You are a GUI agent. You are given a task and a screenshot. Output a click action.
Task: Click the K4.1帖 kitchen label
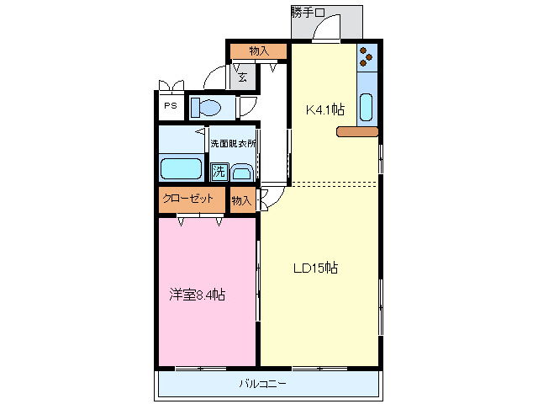pyautogui.click(x=324, y=109)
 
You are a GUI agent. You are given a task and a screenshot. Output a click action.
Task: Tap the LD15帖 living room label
pyautogui.click(x=315, y=268)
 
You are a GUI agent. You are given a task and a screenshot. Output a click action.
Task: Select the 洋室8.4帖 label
pyautogui.click(x=198, y=295)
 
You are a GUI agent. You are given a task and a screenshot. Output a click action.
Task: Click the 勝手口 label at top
pyautogui.click(x=308, y=12)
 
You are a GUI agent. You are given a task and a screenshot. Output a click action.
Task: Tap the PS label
pyautogui.click(x=170, y=106)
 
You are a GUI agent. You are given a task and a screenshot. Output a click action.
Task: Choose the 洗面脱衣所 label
pyautogui.click(x=233, y=143)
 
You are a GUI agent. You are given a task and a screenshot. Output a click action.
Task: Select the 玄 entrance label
pyautogui.click(x=242, y=78)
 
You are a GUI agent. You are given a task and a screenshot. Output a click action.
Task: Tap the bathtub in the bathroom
pyautogui.click(x=181, y=168)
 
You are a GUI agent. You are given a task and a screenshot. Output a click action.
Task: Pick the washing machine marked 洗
pyautogui.click(x=219, y=173)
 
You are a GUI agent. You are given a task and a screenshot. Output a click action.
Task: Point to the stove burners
pyautogui.click(x=367, y=56)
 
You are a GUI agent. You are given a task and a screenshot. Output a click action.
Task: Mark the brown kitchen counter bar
pyautogui.click(x=358, y=131)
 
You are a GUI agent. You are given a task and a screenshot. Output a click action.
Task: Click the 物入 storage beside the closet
pyautogui.click(x=241, y=200)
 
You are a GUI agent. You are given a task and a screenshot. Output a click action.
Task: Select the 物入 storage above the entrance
pyautogui.click(x=259, y=51)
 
